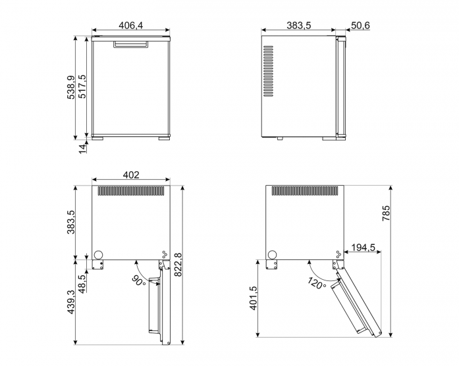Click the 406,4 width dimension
click(x=131, y=26)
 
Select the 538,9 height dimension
click(x=71, y=87)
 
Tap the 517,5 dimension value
click(x=82, y=86)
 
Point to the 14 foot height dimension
click(x=83, y=149)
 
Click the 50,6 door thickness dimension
click(x=360, y=26)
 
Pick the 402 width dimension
click(x=131, y=175)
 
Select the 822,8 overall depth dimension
click(x=178, y=265)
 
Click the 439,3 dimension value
click(x=71, y=302)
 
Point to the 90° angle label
click(x=138, y=281)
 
